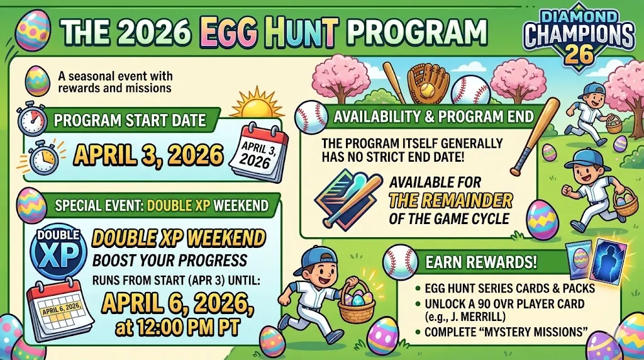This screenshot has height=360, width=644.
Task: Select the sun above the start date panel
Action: pos(253,104)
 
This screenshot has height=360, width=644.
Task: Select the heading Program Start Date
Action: pos(129,120)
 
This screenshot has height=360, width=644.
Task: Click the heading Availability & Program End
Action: pos(433,116)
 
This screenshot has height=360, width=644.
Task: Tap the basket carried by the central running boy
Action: pos(356,303)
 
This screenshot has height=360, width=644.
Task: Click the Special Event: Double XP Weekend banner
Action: pos(162,205)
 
